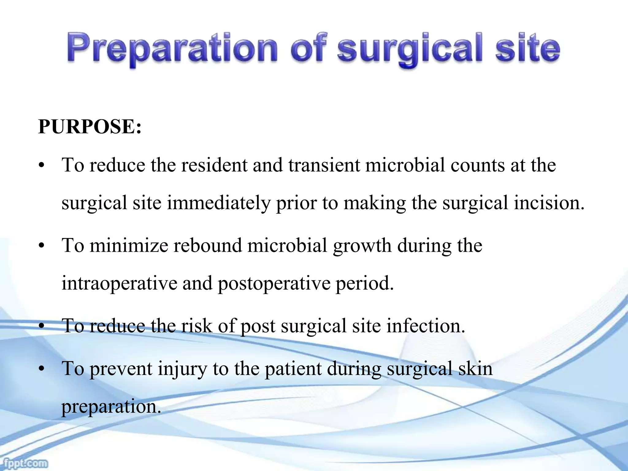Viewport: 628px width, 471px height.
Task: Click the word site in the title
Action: pos(528,49)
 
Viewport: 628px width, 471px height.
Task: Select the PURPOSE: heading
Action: pos(90,126)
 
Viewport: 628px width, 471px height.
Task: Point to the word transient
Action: pos(324,165)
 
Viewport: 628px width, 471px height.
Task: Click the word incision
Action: pos(549,203)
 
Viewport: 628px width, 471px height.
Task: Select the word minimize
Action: pos(129,246)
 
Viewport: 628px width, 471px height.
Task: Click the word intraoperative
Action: pos(119,283)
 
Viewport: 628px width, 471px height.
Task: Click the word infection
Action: pos(426,326)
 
